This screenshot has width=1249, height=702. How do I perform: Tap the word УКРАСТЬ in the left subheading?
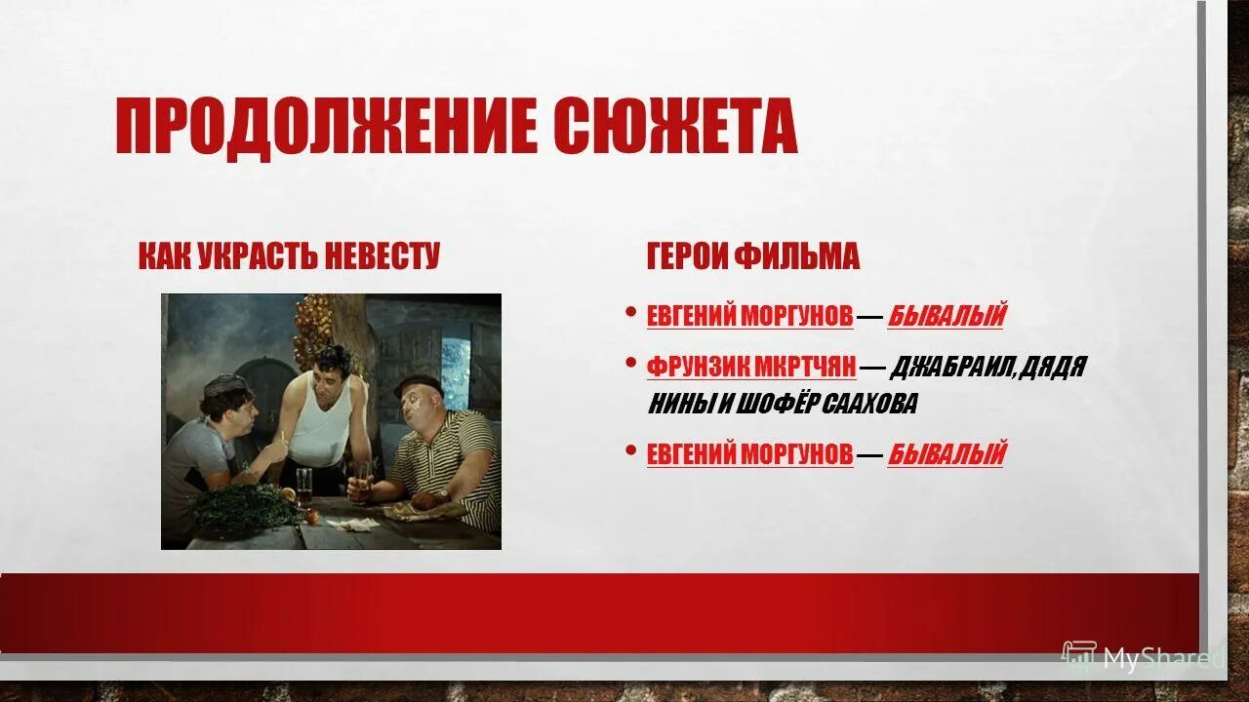pos(258,256)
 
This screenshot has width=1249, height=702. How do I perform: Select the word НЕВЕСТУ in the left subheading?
pos(382,256)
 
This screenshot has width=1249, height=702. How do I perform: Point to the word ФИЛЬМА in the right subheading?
pos(797,256)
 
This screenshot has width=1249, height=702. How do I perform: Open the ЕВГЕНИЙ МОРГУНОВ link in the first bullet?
pos(749,316)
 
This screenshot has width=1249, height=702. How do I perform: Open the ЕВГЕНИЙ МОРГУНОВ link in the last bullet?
pos(749,454)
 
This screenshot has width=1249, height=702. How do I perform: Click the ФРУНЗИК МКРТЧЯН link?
pos(751,367)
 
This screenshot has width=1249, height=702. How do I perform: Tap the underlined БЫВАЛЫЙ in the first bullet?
pos(947,316)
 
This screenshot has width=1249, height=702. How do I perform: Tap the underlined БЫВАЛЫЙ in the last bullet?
pos(947,454)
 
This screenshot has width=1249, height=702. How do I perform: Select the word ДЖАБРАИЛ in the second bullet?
pos(950,367)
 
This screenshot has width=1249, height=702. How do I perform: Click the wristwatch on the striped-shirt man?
pos(443,495)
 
